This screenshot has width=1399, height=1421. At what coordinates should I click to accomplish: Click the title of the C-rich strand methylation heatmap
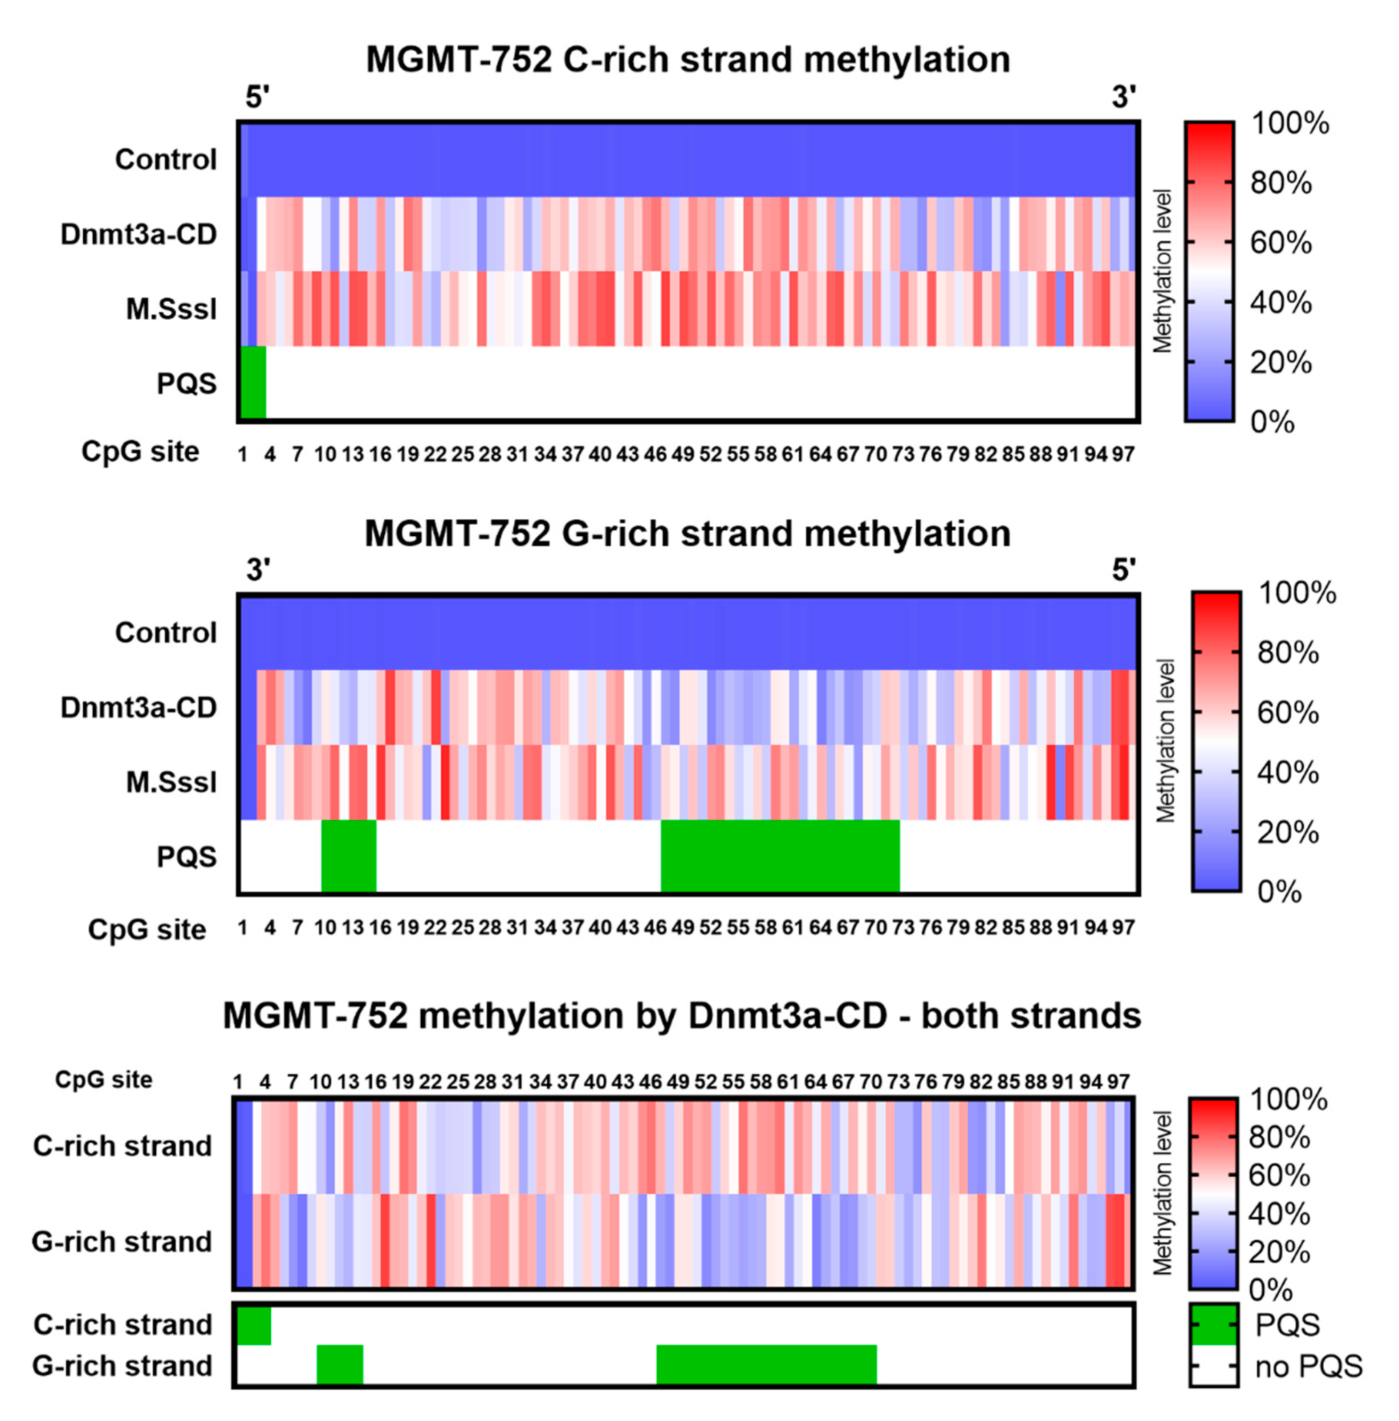(x=688, y=60)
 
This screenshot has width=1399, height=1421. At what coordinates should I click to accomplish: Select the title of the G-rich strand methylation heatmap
(x=688, y=534)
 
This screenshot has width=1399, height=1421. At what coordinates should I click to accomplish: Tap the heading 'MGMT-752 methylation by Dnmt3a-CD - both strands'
(x=682, y=1016)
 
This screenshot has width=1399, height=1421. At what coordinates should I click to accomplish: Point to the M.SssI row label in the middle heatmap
(x=171, y=782)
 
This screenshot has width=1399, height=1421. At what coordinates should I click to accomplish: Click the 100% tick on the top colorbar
(x=1289, y=123)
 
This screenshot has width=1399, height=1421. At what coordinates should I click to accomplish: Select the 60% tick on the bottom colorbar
(x=1278, y=1176)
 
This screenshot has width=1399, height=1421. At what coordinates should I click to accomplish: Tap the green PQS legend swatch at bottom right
(x=1214, y=1325)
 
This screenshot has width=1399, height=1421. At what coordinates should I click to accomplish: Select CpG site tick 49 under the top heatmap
(x=683, y=455)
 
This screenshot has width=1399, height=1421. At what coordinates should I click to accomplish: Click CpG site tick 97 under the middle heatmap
(x=1123, y=928)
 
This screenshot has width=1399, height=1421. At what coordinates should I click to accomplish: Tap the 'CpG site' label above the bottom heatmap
(x=104, y=1080)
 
